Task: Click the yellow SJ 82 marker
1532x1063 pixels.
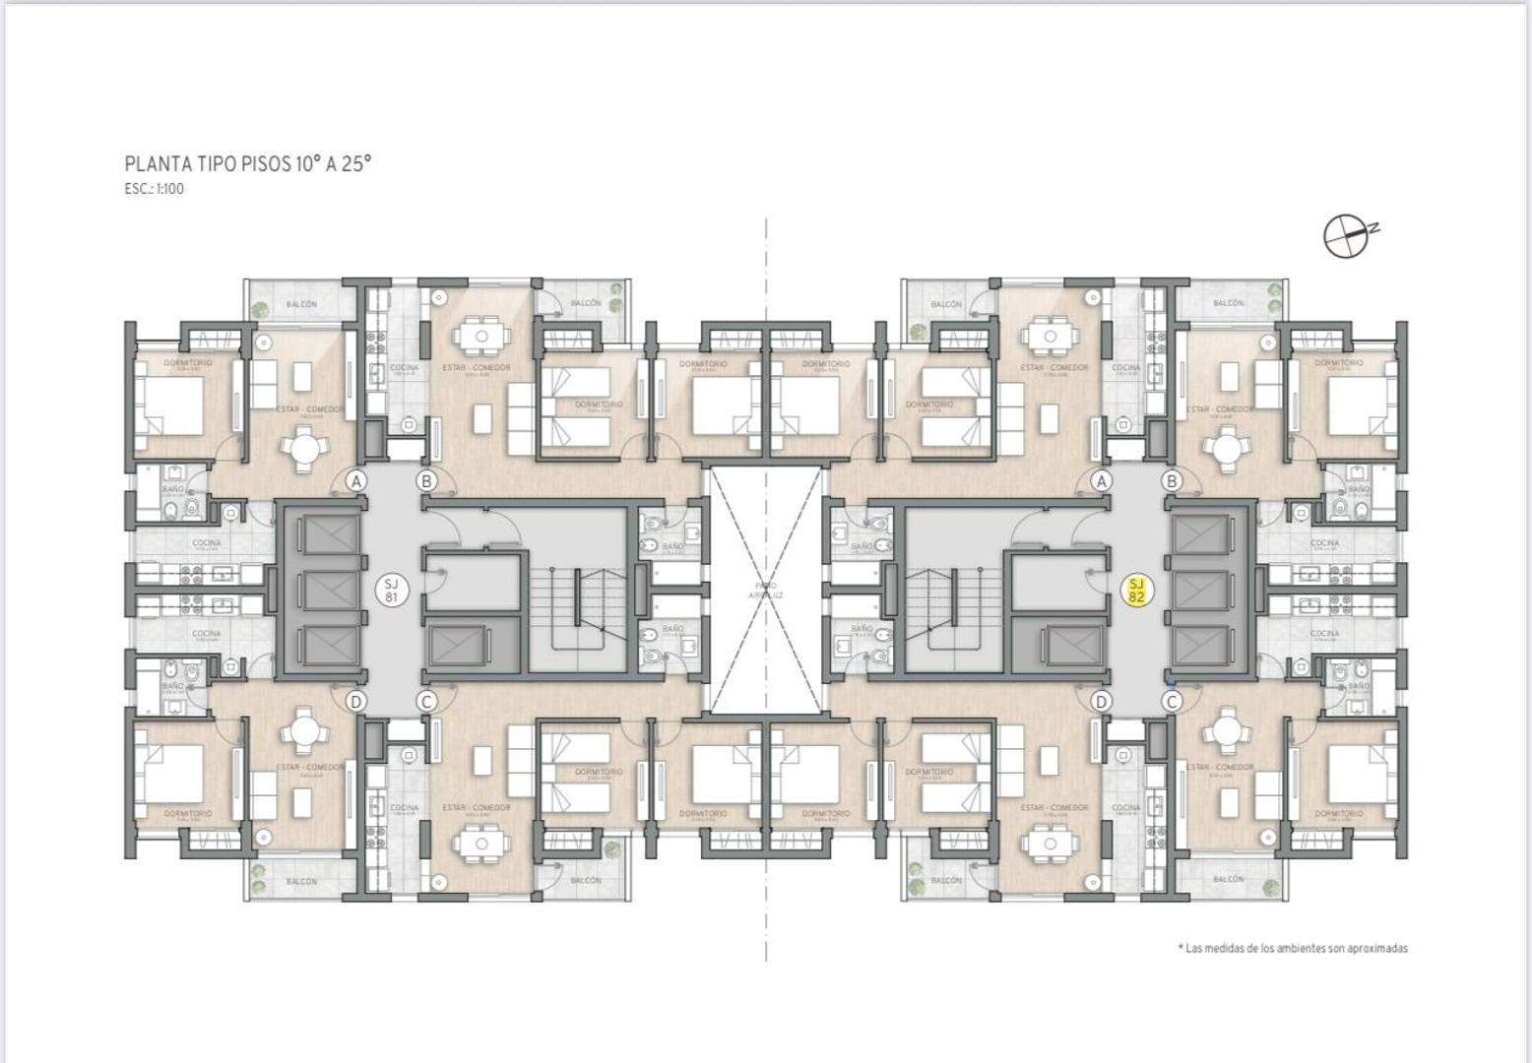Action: click(1137, 591)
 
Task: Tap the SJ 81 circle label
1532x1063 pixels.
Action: click(392, 591)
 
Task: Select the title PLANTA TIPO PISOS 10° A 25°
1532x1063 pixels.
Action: click(248, 163)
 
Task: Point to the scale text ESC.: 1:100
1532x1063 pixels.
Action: click(155, 189)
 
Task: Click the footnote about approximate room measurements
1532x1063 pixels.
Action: click(1292, 948)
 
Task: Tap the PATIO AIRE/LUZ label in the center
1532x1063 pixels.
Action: click(766, 591)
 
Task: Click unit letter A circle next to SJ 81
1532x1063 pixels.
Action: click(356, 481)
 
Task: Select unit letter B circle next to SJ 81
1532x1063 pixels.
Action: click(426, 481)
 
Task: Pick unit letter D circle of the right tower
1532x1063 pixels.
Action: click(1102, 702)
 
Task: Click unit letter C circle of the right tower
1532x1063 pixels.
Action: click(1172, 702)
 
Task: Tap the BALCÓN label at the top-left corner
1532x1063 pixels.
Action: click(301, 304)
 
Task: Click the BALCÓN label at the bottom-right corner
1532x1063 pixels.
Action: click(1228, 879)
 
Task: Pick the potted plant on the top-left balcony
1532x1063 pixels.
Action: click(259, 310)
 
